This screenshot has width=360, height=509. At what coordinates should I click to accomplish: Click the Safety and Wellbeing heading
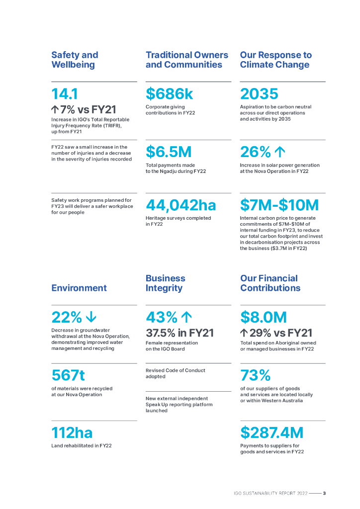pos(75,60)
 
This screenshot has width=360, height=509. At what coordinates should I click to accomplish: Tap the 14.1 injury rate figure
pos(65,94)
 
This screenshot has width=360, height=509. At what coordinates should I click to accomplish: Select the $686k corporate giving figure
pos(169,94)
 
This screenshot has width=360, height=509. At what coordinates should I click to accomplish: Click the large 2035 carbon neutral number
pos(259,94)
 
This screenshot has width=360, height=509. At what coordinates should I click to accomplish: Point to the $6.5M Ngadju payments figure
pos(169,152)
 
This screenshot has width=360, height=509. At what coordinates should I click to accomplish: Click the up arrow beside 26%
pos(281,152)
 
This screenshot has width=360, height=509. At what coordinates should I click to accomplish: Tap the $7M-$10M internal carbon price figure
pos(279,205)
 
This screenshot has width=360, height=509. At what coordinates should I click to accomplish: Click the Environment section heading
pos(79,288)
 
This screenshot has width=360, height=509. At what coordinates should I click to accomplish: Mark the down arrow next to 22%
pos(91,317)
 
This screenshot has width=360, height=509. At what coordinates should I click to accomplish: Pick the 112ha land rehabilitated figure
pos(72,432)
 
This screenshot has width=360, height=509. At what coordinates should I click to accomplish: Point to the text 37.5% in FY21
pos(180,333)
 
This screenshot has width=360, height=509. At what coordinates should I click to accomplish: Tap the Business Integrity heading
pos(165,283)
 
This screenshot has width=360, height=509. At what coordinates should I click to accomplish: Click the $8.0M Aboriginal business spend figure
pos(264,317)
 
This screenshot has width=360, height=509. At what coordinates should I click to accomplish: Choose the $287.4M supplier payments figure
pos(271,432)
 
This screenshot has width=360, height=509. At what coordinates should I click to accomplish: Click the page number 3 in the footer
pos(324,494)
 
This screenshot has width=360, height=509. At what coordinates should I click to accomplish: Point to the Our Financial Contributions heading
pos(270,283)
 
